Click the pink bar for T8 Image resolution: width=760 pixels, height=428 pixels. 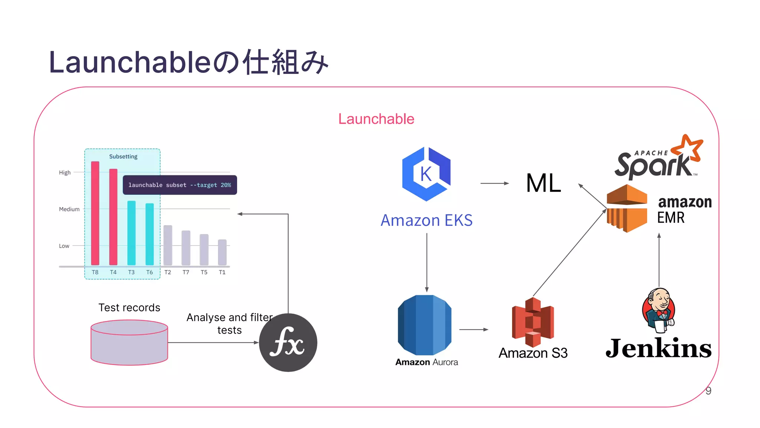tap(95, 214)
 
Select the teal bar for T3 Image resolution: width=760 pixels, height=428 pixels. tap(131, 233)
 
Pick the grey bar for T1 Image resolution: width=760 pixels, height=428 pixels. tap(222, 252)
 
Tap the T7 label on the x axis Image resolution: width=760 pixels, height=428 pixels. tap(186, 272)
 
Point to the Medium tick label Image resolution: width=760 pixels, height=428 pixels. tap(69, 209)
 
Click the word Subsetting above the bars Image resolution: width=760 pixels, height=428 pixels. tap(123, 156)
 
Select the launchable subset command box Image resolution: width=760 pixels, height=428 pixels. tap(180, 185)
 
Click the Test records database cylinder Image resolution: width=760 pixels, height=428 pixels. tap(129, 343)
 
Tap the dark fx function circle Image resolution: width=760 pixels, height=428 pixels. tap(288, 343)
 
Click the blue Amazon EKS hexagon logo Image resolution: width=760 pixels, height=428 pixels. tap(426, 174)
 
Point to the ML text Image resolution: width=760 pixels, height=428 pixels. tap(544, 183)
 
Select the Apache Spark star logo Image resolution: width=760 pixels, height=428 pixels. tap(688, 149)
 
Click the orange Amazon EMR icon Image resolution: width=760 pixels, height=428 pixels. tap(627, 208)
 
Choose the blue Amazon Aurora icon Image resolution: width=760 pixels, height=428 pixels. tap(425, 325)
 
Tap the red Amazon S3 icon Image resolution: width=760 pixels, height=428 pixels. tap(533, 322)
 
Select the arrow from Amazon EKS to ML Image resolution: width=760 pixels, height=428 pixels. tap(494, 183)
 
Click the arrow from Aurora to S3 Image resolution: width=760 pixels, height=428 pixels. tap(474, 330)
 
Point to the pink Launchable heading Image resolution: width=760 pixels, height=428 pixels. tap(376, 119)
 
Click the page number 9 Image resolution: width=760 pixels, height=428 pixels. tap(708, 391)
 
